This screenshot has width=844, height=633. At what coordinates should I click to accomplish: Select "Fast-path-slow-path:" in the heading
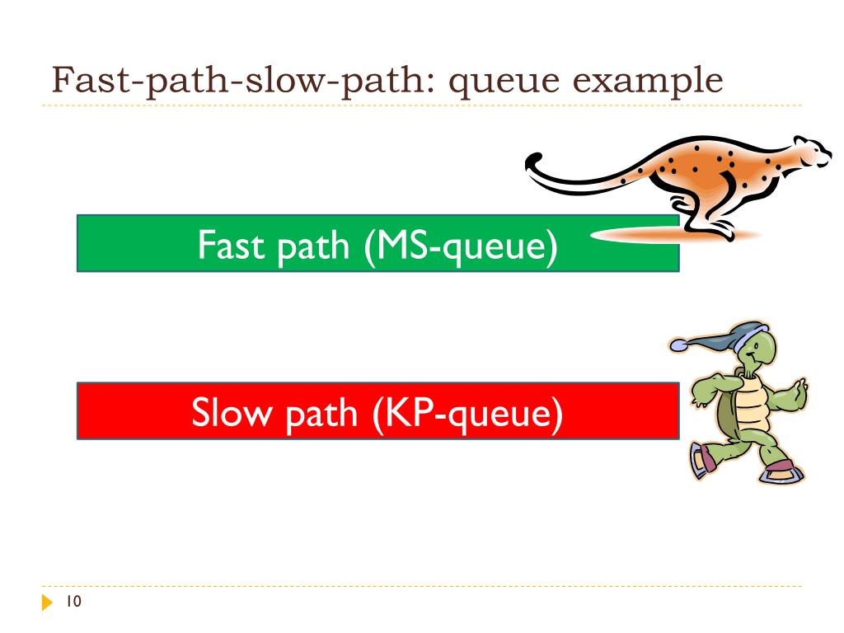239,81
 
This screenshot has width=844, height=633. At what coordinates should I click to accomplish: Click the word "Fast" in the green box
222,245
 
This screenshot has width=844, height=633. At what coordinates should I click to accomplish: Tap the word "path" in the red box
316,412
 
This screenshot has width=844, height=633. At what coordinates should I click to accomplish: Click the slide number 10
73,603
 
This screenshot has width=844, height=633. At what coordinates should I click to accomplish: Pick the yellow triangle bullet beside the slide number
46,603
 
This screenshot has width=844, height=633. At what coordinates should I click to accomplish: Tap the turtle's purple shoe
779,471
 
